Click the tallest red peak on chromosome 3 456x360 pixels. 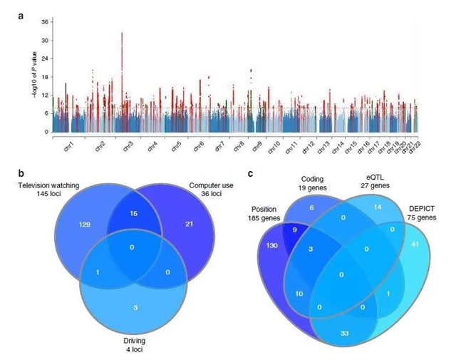coord(123,34)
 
